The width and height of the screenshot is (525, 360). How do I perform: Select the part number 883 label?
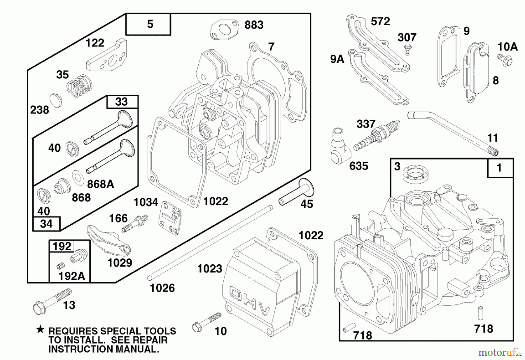pos(254,25)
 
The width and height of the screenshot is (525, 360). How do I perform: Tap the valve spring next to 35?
pos(79,85)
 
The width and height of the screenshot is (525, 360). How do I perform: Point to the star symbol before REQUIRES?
pos(40,330)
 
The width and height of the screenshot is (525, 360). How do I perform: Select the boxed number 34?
pos(46,224)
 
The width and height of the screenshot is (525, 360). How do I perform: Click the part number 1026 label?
pos(162,288)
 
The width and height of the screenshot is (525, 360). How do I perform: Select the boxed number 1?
pos(500,168)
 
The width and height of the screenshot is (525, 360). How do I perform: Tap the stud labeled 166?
pos(134,223)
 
